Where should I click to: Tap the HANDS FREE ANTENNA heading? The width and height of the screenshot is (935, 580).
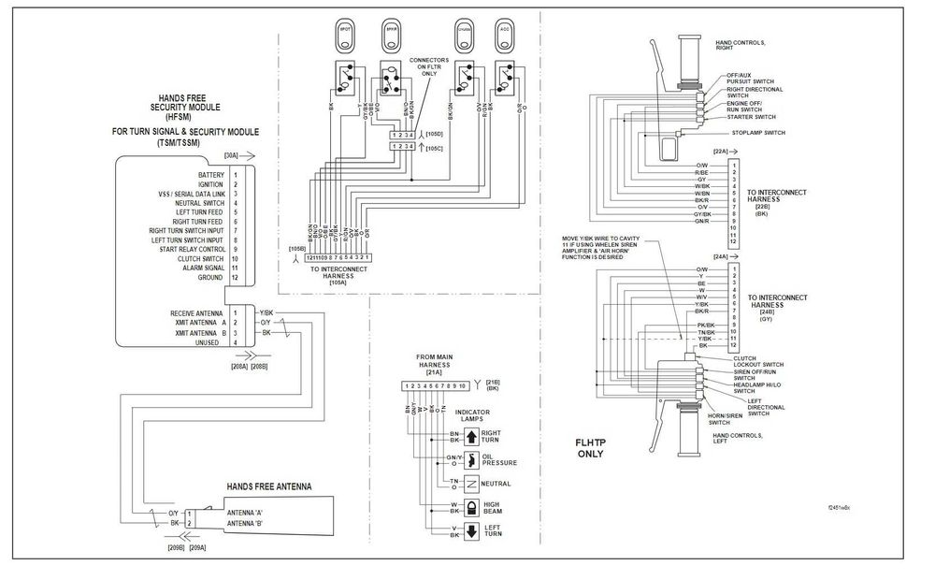[268, 487]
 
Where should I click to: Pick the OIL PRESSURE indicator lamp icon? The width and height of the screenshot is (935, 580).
[471, 458]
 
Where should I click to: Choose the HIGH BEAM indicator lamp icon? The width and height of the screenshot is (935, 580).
[470, 508]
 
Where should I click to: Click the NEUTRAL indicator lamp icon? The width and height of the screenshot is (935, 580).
[471, 484]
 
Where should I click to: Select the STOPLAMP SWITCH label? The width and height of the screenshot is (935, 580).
[756, 133]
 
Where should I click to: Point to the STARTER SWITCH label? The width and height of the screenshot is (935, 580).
[751, 117]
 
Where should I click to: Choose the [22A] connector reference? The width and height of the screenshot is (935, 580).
[720, 152]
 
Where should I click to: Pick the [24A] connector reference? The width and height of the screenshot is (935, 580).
[720, 256]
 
